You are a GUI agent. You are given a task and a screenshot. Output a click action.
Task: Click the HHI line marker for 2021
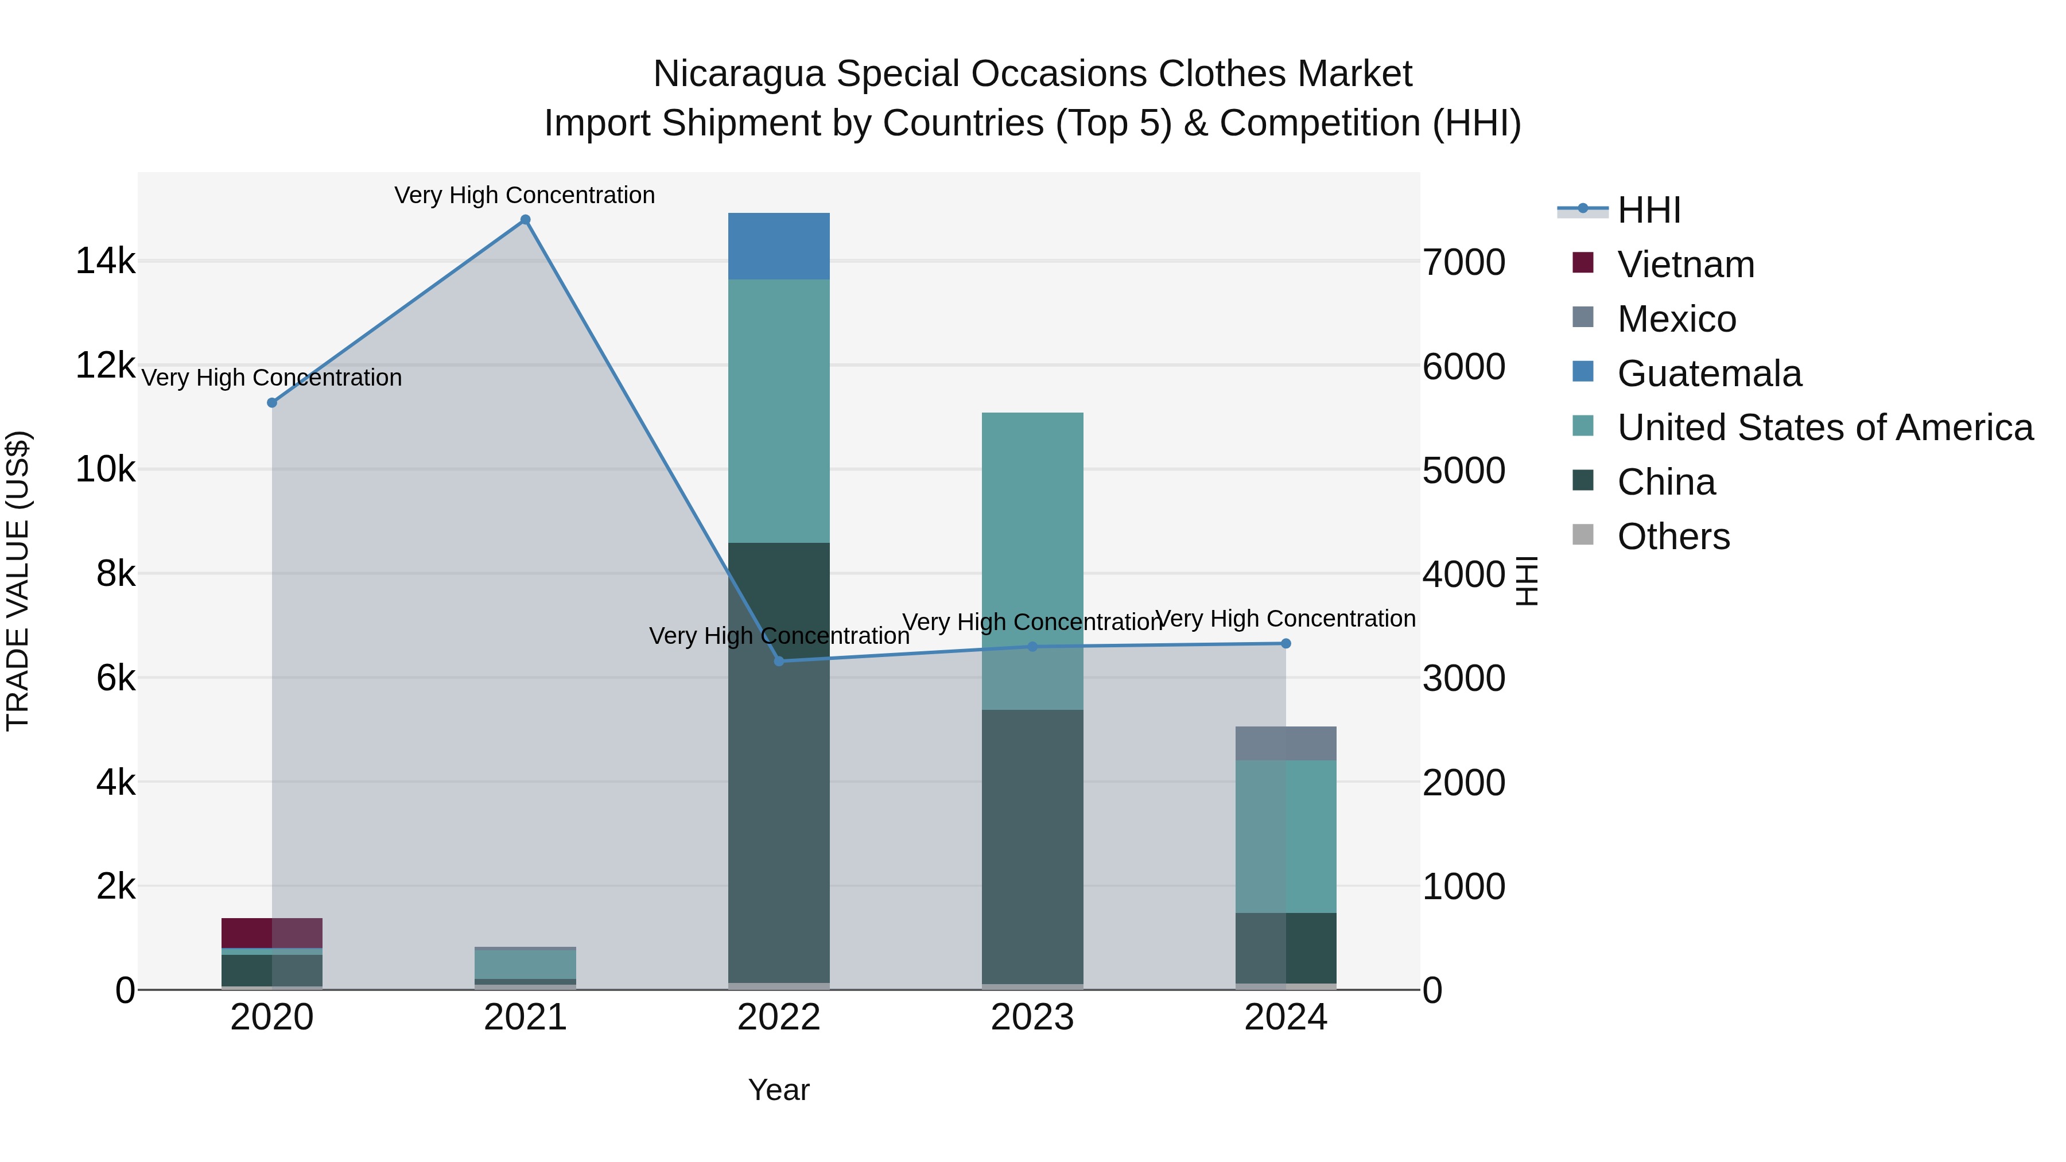coord(525,220)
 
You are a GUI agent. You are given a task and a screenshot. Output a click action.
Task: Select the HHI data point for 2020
coord(272,403)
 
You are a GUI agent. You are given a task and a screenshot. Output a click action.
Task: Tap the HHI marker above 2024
coord(1286,643)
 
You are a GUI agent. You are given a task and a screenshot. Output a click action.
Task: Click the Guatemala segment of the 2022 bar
coord(779,246)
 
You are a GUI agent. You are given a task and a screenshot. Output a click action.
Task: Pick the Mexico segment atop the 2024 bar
coord(1286,743)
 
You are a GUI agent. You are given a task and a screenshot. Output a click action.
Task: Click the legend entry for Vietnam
coord(1685,265)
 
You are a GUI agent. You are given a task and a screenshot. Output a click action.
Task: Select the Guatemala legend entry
coord(1708,374)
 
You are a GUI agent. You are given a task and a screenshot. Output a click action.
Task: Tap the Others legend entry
coord(1673,537)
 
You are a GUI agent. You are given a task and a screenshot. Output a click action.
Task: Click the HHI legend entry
coord(1648,210)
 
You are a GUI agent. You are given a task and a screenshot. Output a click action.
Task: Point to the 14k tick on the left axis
coord(105,262)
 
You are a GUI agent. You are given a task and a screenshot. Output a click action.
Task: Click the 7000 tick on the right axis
coord(1463,262)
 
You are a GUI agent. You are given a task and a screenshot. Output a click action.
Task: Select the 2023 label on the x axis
coord(1032,1017)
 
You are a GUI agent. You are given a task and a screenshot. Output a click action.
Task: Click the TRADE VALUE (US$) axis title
coord(18,581)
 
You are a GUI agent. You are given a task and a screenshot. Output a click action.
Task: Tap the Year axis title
coord(779,1090)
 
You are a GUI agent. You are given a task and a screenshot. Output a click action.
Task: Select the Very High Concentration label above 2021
coord(525,195)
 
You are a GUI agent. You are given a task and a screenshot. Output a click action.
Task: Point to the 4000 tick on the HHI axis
coord(1463,574)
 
